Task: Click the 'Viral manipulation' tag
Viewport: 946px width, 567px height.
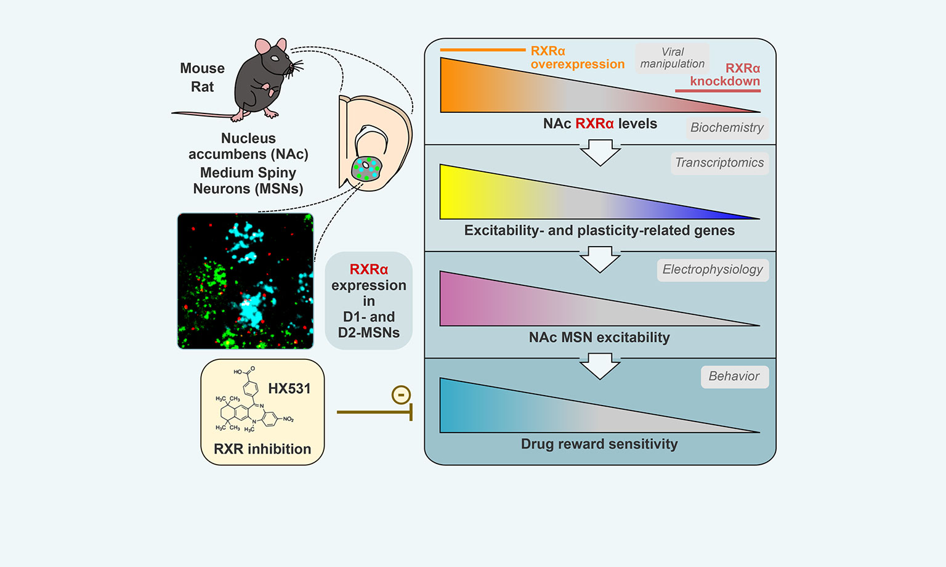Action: point(672,58)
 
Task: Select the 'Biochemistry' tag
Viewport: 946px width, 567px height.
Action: point(727,128)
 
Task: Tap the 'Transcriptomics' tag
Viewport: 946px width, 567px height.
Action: point(719,163)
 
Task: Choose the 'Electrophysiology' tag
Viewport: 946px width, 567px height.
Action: point(713,269)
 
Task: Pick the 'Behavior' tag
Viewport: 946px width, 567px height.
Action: point(734,376)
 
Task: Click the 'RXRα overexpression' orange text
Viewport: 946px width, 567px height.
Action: point(577,57)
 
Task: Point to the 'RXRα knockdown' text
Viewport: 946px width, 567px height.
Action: point(725,75)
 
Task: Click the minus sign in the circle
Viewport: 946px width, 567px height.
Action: point(401,394)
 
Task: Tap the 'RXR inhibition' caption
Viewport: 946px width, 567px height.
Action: point(262,449)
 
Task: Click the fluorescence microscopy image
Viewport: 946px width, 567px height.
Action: point(245,281)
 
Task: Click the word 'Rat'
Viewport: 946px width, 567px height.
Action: point(202,87)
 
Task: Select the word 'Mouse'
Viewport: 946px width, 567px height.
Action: point(202,68)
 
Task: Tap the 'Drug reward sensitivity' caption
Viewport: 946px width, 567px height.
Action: point(599,444)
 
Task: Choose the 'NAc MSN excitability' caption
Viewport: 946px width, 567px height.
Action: point(599,337)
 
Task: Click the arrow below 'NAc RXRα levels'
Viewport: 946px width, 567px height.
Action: point(600,152)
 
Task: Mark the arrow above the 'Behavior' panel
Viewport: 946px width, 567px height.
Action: point(600,366)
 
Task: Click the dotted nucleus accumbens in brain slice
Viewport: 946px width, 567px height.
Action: point(366,168)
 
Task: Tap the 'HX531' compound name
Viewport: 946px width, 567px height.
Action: point(289,388)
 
